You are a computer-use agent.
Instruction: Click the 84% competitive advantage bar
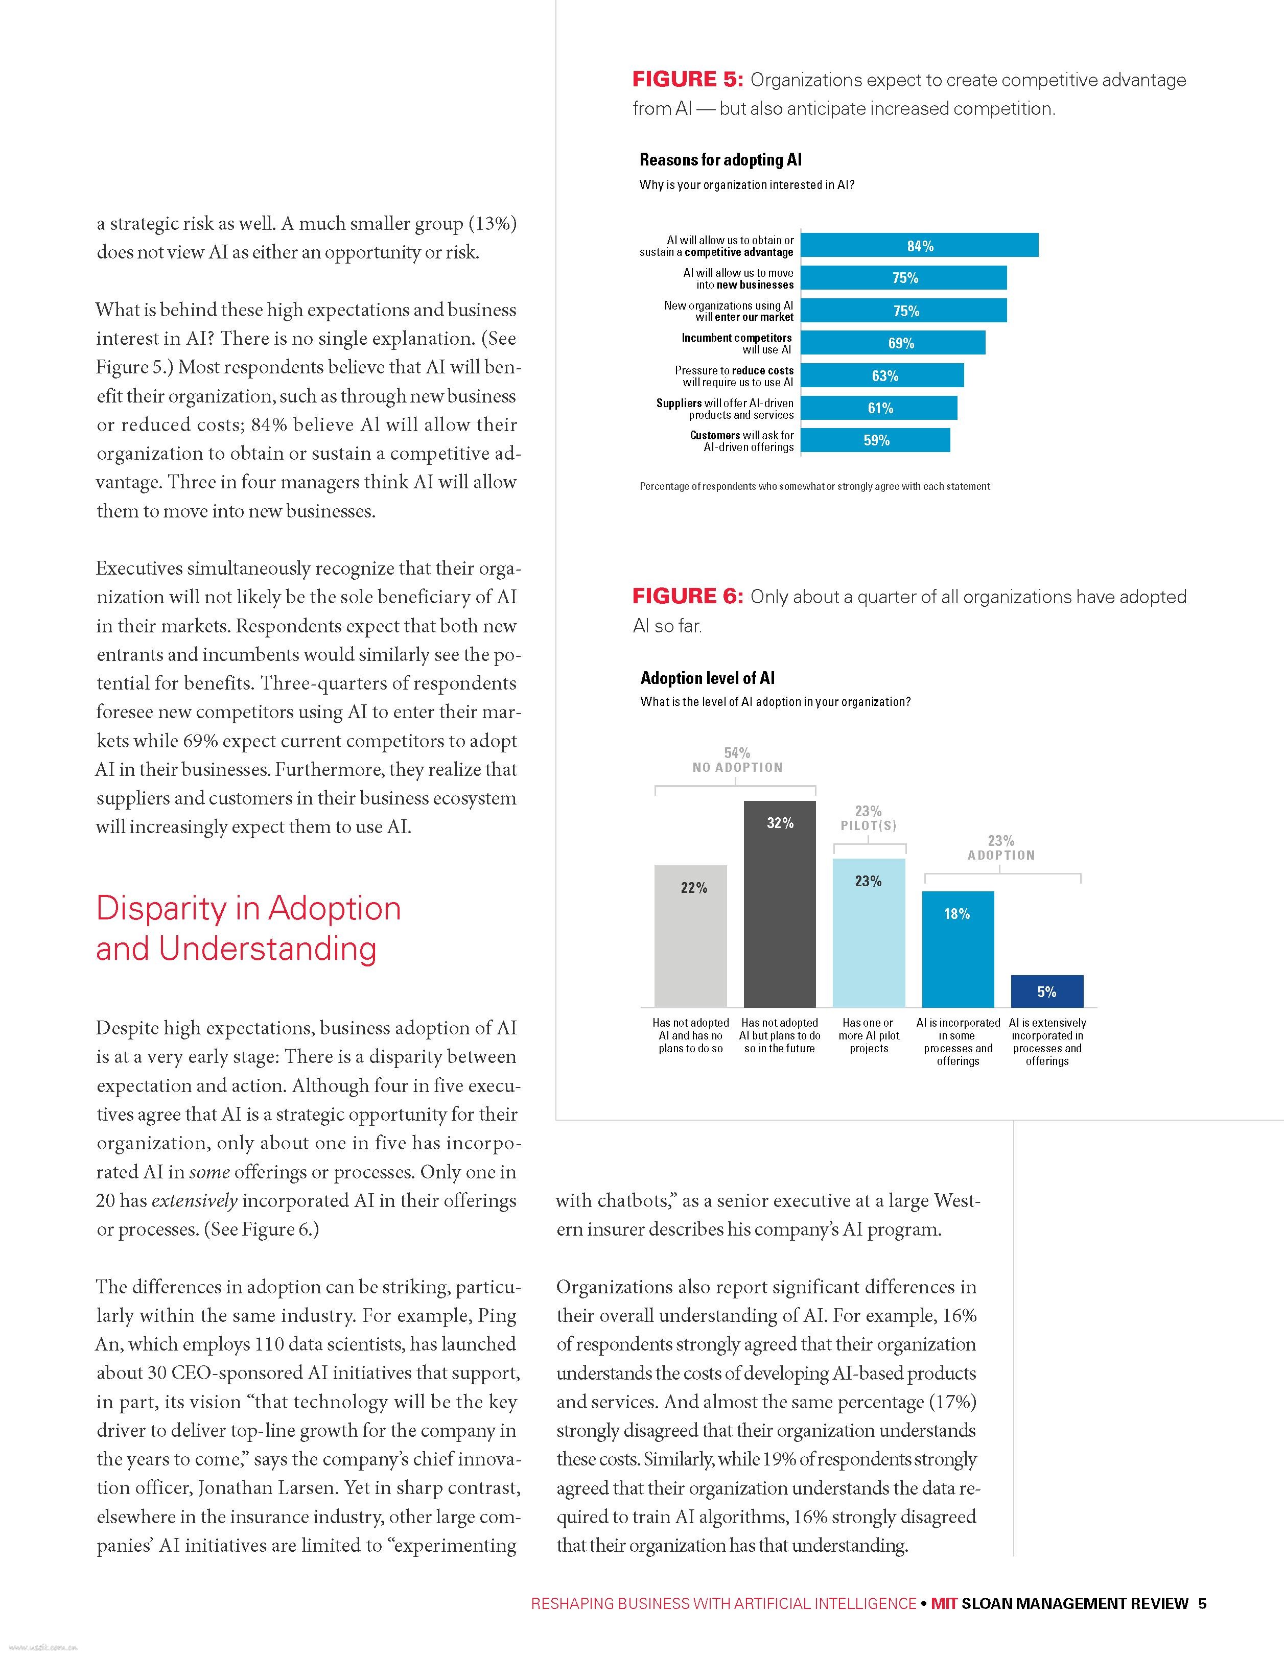click(919, 246)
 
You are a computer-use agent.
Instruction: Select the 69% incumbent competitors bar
click(893, 343)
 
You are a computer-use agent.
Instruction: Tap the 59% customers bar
click(875, 440)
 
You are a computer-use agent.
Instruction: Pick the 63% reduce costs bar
click(882, 375)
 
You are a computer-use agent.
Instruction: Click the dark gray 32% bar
click(779, 903)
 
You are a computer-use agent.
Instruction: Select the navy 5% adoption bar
click(1046, 991)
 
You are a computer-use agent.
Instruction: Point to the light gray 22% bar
click(691, 935)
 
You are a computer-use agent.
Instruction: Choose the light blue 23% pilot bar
click(869, 932)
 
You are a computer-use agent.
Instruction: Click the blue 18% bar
click(958, 949)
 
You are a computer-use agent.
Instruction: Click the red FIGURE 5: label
click(687, 80)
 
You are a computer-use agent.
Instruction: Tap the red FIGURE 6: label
click(687, 597)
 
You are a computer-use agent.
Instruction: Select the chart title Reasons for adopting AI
click(720, 159)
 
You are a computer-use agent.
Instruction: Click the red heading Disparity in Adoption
click(248, 909)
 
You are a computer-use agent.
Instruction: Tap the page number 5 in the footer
click(1202, 1603)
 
